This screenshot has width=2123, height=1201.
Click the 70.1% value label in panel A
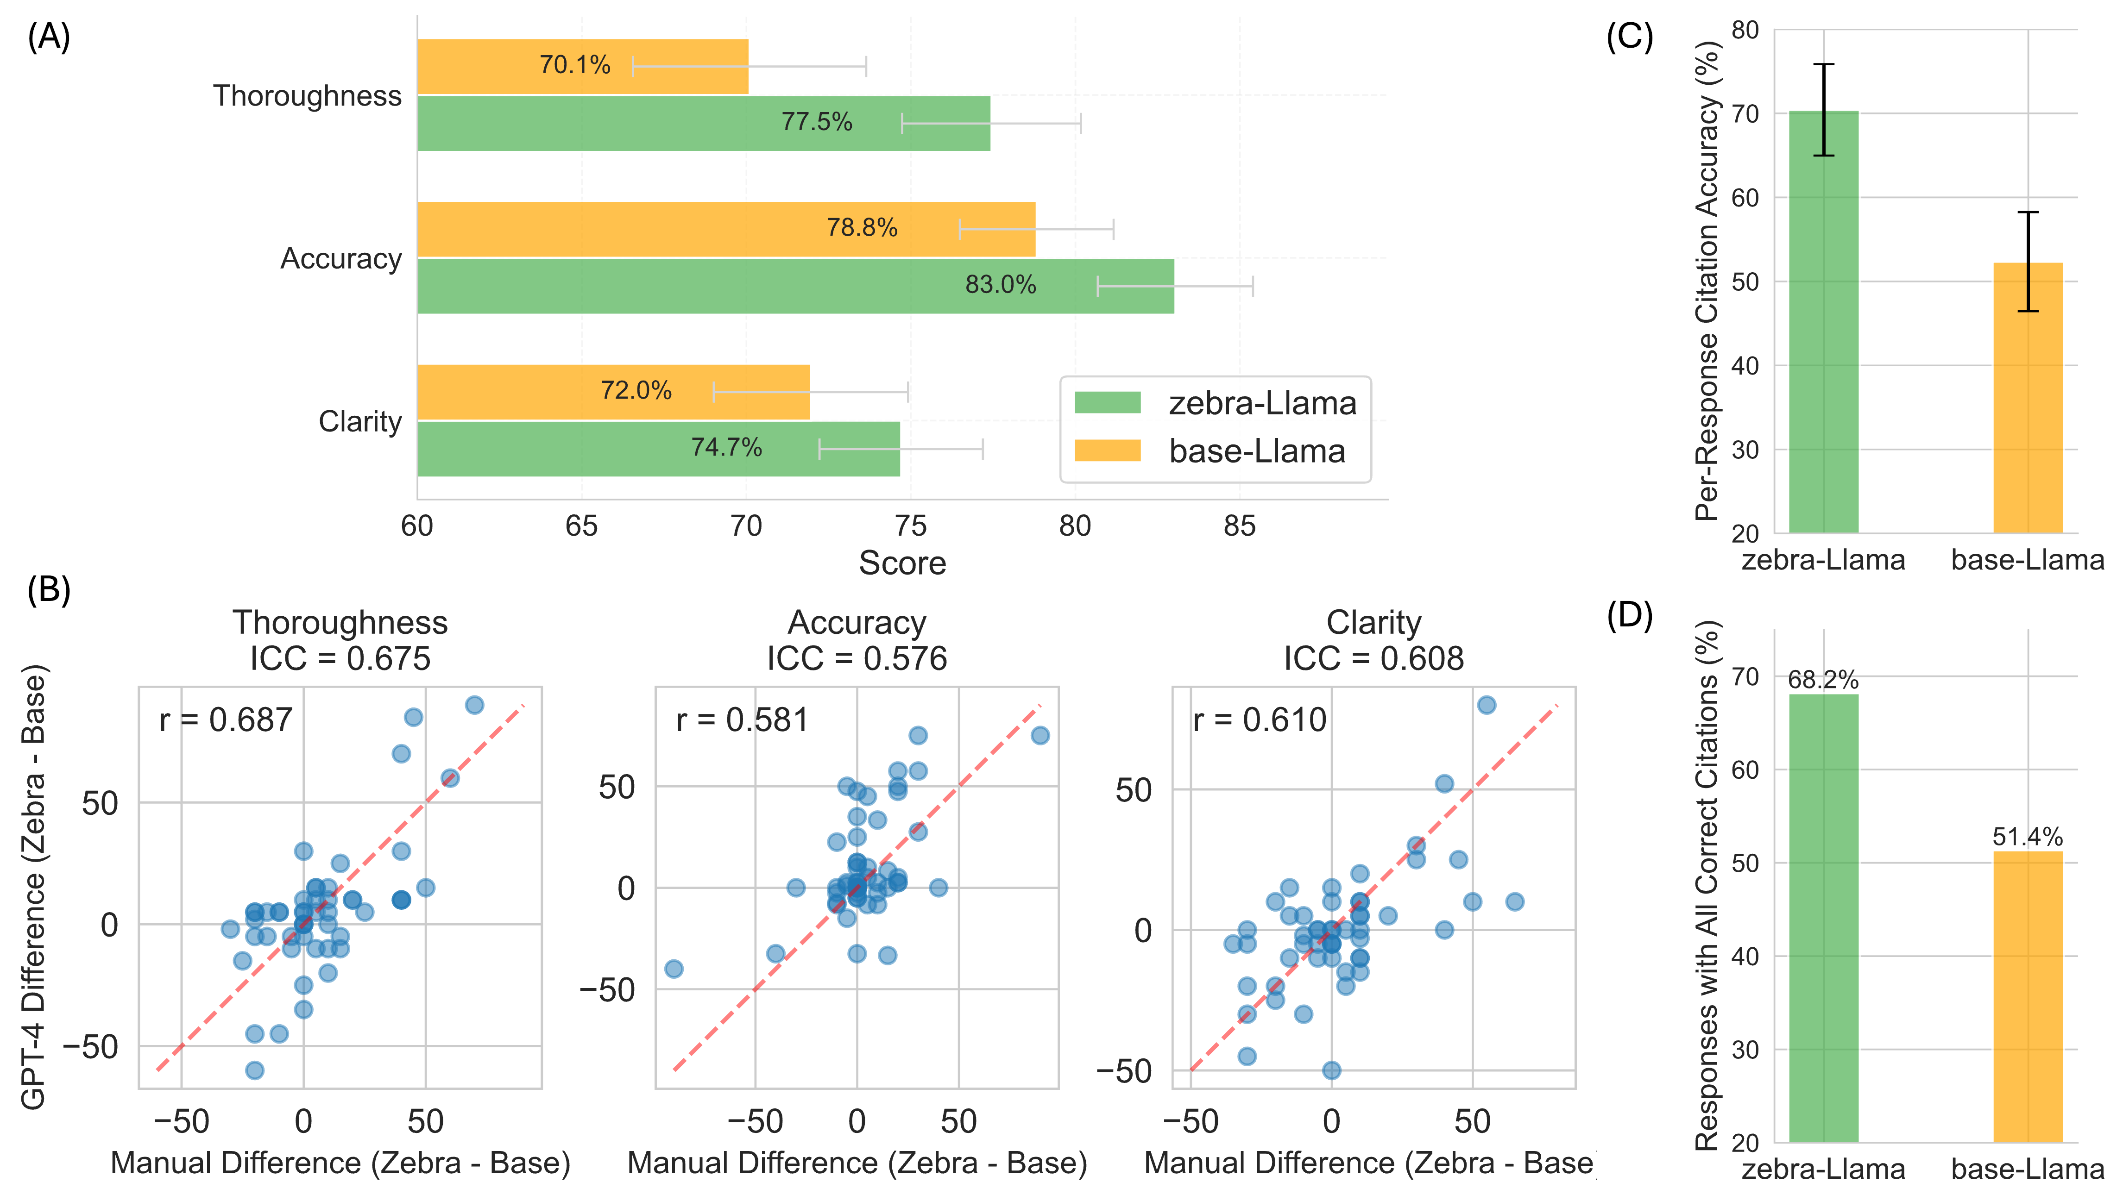(x=574, y=65)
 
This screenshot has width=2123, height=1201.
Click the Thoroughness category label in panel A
(x=307, y=96)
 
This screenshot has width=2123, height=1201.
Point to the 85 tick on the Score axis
(x=1239, y=526)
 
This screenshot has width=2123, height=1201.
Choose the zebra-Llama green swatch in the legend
(x=1107, y=403)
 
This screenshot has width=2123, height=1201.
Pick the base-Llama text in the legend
(x=1257, y=451)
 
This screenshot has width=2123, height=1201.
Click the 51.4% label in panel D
(x=2027, y=837)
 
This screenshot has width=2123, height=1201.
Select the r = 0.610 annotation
(x=1259, y=720)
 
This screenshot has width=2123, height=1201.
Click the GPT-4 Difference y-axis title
(x=33, y=887)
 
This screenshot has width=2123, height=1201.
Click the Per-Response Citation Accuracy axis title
(x=1706, y=281)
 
